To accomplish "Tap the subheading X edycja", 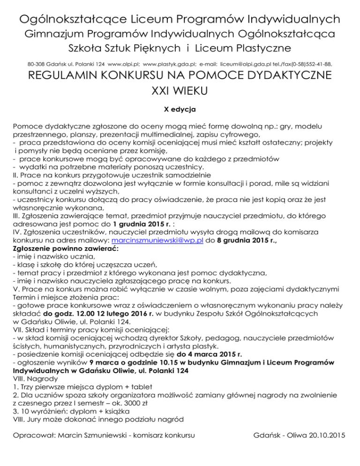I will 180,109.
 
